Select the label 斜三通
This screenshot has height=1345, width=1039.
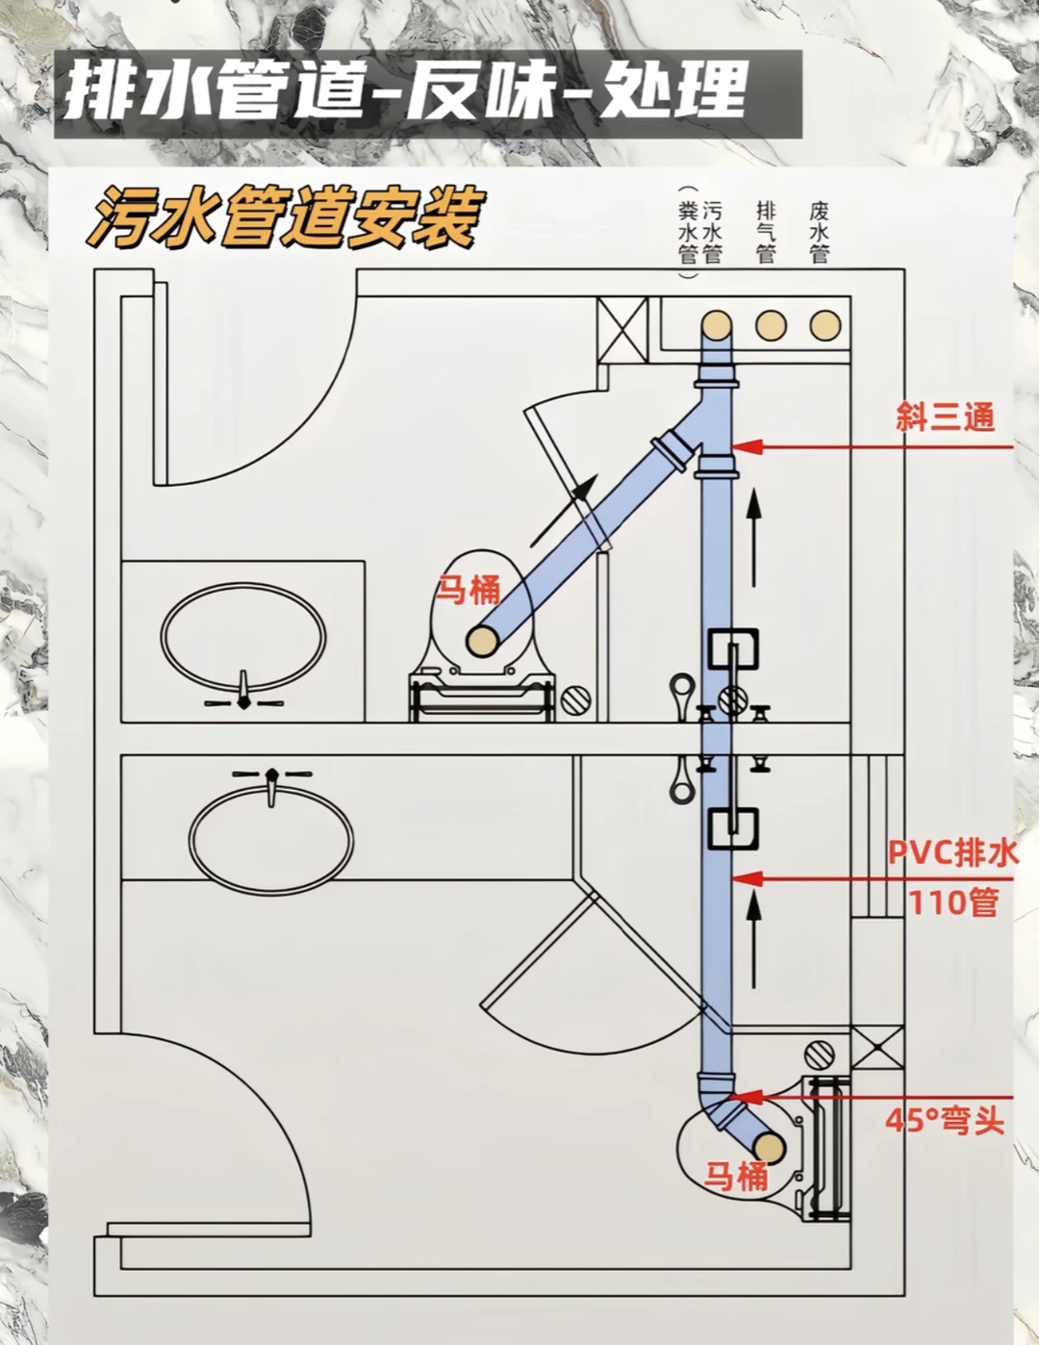point(945,418)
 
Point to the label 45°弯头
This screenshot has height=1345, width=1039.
point(945,1121)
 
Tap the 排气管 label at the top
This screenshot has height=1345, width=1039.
point(767,232)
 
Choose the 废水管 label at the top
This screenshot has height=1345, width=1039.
point(820,232)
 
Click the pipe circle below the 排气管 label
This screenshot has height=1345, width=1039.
point(770,326)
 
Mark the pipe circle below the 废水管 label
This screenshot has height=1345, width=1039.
point(824,326)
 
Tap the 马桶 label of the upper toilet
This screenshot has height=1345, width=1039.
point(469,589)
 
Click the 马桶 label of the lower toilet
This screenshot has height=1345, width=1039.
point(736,1176)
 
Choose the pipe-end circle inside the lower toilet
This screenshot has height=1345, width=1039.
point(768,1147)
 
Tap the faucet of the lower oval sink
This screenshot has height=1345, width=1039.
point(272,781)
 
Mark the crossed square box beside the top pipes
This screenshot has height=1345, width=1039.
point(622,329)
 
